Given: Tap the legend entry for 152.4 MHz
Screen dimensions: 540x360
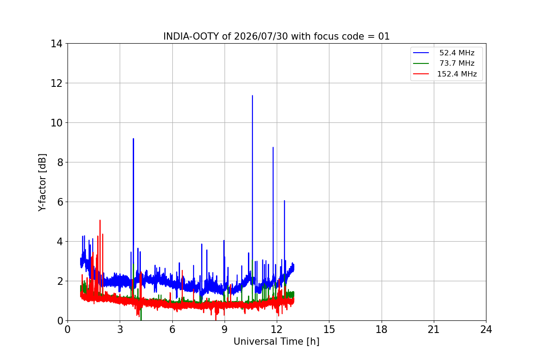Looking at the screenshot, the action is coord(445,74).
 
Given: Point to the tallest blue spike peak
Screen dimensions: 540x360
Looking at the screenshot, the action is coord(252,96).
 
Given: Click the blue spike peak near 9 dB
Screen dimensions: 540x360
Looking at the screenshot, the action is coord(133,139).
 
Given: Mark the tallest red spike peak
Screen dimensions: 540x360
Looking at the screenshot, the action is coord(100,220).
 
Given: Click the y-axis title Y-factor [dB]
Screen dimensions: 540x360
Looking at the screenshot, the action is coord(42,183).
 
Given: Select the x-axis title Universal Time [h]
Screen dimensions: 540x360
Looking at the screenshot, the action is coord(276,342).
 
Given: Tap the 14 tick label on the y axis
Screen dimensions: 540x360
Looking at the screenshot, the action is coord(56,44).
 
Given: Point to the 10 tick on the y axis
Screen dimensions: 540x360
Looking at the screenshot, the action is coord(56,123).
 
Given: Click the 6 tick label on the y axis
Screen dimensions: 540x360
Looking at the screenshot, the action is coord(60,202).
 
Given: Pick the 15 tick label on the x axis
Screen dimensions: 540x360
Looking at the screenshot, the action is coord(329,329).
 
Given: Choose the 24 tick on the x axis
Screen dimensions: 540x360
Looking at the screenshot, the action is coord(486,329).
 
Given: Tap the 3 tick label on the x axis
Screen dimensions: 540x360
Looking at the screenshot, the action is coord(120,329).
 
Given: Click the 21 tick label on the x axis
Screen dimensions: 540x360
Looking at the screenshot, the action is coord(434,329).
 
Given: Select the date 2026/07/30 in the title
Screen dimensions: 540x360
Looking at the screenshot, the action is coord(261,36).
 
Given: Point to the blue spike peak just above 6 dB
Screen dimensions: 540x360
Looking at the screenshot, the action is coord(284,201).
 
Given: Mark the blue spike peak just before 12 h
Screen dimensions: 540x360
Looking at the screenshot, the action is coord(273,147).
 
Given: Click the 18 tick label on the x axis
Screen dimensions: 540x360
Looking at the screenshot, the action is coord(382,329).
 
